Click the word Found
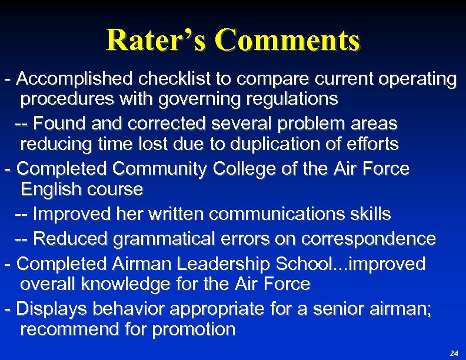point(59,124)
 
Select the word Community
point(159,169)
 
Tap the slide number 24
point(453,353)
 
